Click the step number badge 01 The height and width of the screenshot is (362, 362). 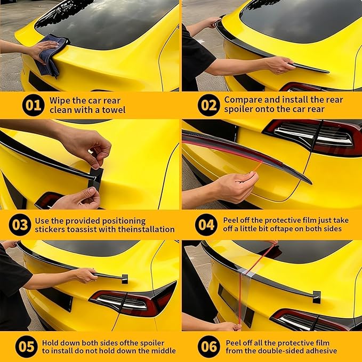[33, 105]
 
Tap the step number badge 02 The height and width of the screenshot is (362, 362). [208, 105]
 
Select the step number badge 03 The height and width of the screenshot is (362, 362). [19, 225]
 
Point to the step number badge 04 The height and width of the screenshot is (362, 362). [206, 225]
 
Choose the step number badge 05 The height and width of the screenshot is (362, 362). [26, 347]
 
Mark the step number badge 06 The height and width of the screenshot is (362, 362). [208, 347]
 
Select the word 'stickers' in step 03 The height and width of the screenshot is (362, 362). [51, 229]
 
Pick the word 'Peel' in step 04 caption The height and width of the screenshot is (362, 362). [233, 220]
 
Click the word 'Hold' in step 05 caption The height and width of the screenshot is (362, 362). [52, 342]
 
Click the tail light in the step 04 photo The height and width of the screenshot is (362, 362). [315, 135]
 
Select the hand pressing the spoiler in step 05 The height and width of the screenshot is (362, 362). [85, 275]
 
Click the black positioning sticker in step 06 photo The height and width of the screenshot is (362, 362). [317, 296]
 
